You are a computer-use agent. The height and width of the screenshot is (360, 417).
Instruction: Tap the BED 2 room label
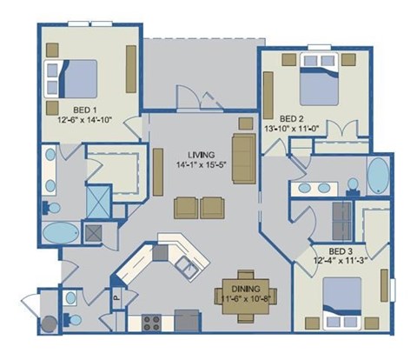[x=291, y=118]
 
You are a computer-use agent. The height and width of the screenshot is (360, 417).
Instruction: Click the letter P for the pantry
[x=116, y=296]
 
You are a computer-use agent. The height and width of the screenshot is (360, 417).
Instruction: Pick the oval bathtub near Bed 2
[x=380, y=177]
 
